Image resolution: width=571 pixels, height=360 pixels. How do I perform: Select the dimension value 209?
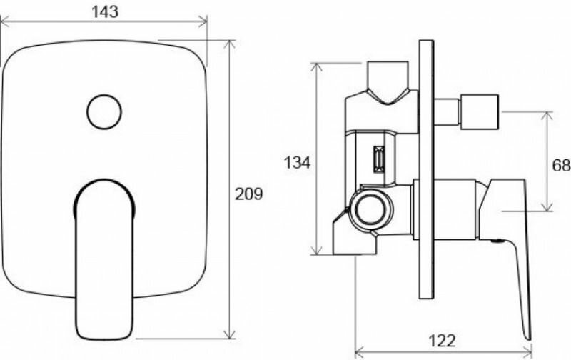pyautogui.click(x=249, y=194)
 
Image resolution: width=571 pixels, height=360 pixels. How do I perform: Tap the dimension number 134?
pyautogui.click(x=297, y=163)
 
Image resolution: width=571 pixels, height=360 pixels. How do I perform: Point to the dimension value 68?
pyautogui.click(x=561, y=166)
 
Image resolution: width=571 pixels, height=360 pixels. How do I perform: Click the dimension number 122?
pyautogui.click(x=445, y=341)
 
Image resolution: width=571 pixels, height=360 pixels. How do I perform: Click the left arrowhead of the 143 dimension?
pyautogui.click(x=4, y=22)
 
